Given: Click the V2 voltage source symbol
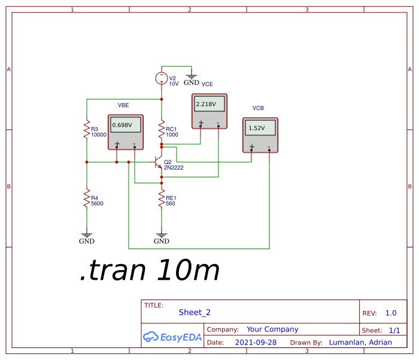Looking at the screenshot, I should [x=161, y=78].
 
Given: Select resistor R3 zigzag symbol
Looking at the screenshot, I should [x=87, y=131].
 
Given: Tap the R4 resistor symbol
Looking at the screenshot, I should [x=87, y=199].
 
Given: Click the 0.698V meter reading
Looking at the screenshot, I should [x=126, y=125].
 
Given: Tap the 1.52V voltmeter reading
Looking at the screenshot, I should [x=260, y=128].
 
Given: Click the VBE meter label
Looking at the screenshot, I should [x=123, y=105].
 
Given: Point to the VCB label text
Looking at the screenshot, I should [x=258, y=108].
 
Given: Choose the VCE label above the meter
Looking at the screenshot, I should [x=207, y=84].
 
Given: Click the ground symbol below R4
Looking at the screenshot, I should [x=87, y=237].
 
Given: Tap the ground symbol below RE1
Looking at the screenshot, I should [x=162, y=237].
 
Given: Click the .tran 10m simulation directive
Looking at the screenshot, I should [x=150, y=271].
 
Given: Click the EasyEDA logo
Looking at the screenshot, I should [x=172, y=337].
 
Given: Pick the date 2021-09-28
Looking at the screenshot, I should [x=256, y=343].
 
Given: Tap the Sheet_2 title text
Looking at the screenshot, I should [x=195, y=312].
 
